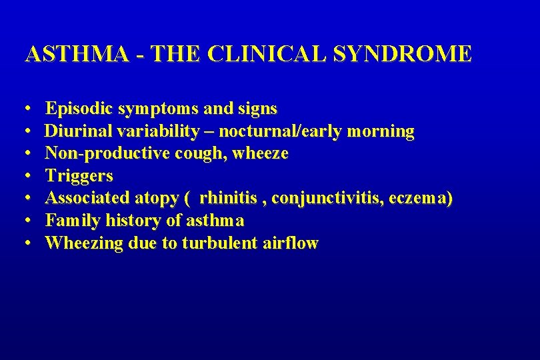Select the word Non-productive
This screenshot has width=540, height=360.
pyautogui.click(x=99, y=153)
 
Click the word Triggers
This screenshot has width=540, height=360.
pyautogui.click(x=79, y=176)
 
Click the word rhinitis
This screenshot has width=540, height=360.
pyautogui.click(x=227, y=198)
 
